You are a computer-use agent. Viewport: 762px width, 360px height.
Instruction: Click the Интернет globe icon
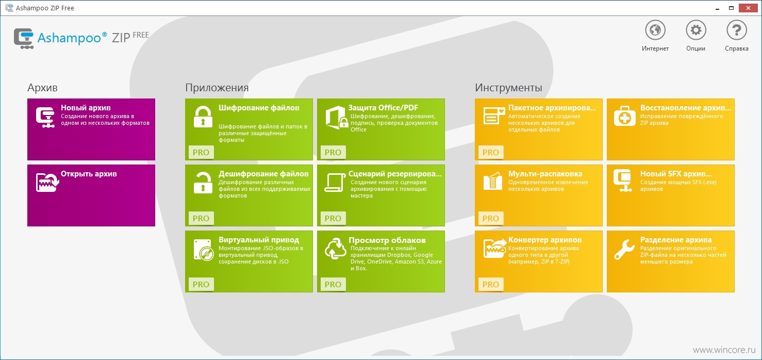click(655, 30)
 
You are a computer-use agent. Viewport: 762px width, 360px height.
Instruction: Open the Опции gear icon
click(695, 30)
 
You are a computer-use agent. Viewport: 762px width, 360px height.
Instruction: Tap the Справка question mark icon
click(737, 30)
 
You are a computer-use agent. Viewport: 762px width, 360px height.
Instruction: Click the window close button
click(748, 8)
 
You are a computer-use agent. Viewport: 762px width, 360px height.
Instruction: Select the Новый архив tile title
click(86, 108)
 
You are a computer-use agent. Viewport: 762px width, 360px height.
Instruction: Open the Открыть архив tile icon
click(47, 182)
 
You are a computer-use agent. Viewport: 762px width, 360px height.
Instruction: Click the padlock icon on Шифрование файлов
click(203, 117)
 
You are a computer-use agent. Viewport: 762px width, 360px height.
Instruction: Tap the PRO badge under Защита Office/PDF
click(333, 152)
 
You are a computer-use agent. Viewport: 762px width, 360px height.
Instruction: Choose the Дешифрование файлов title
click(263, 174)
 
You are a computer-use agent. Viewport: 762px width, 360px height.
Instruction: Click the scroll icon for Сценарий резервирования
click(335, 183)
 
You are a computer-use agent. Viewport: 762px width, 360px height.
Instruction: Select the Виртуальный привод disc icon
click(204, 250)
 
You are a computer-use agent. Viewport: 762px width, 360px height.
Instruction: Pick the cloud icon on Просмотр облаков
click(336, 249)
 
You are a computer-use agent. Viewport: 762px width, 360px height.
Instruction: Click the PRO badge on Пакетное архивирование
click(490, 152)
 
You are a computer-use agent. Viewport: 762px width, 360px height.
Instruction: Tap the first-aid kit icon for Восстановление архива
click(624, 116)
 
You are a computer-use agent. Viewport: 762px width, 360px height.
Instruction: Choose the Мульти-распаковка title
click(545, 174)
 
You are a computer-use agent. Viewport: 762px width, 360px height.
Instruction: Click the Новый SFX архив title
click(676, 174)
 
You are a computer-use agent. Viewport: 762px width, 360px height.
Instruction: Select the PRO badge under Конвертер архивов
click(490, 284)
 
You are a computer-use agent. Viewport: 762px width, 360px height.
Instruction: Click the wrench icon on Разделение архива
click(624, 250)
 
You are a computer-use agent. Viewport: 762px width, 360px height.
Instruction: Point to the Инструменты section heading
click(508, 88)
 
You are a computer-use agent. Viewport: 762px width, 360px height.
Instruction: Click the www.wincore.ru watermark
click(724, 350)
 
